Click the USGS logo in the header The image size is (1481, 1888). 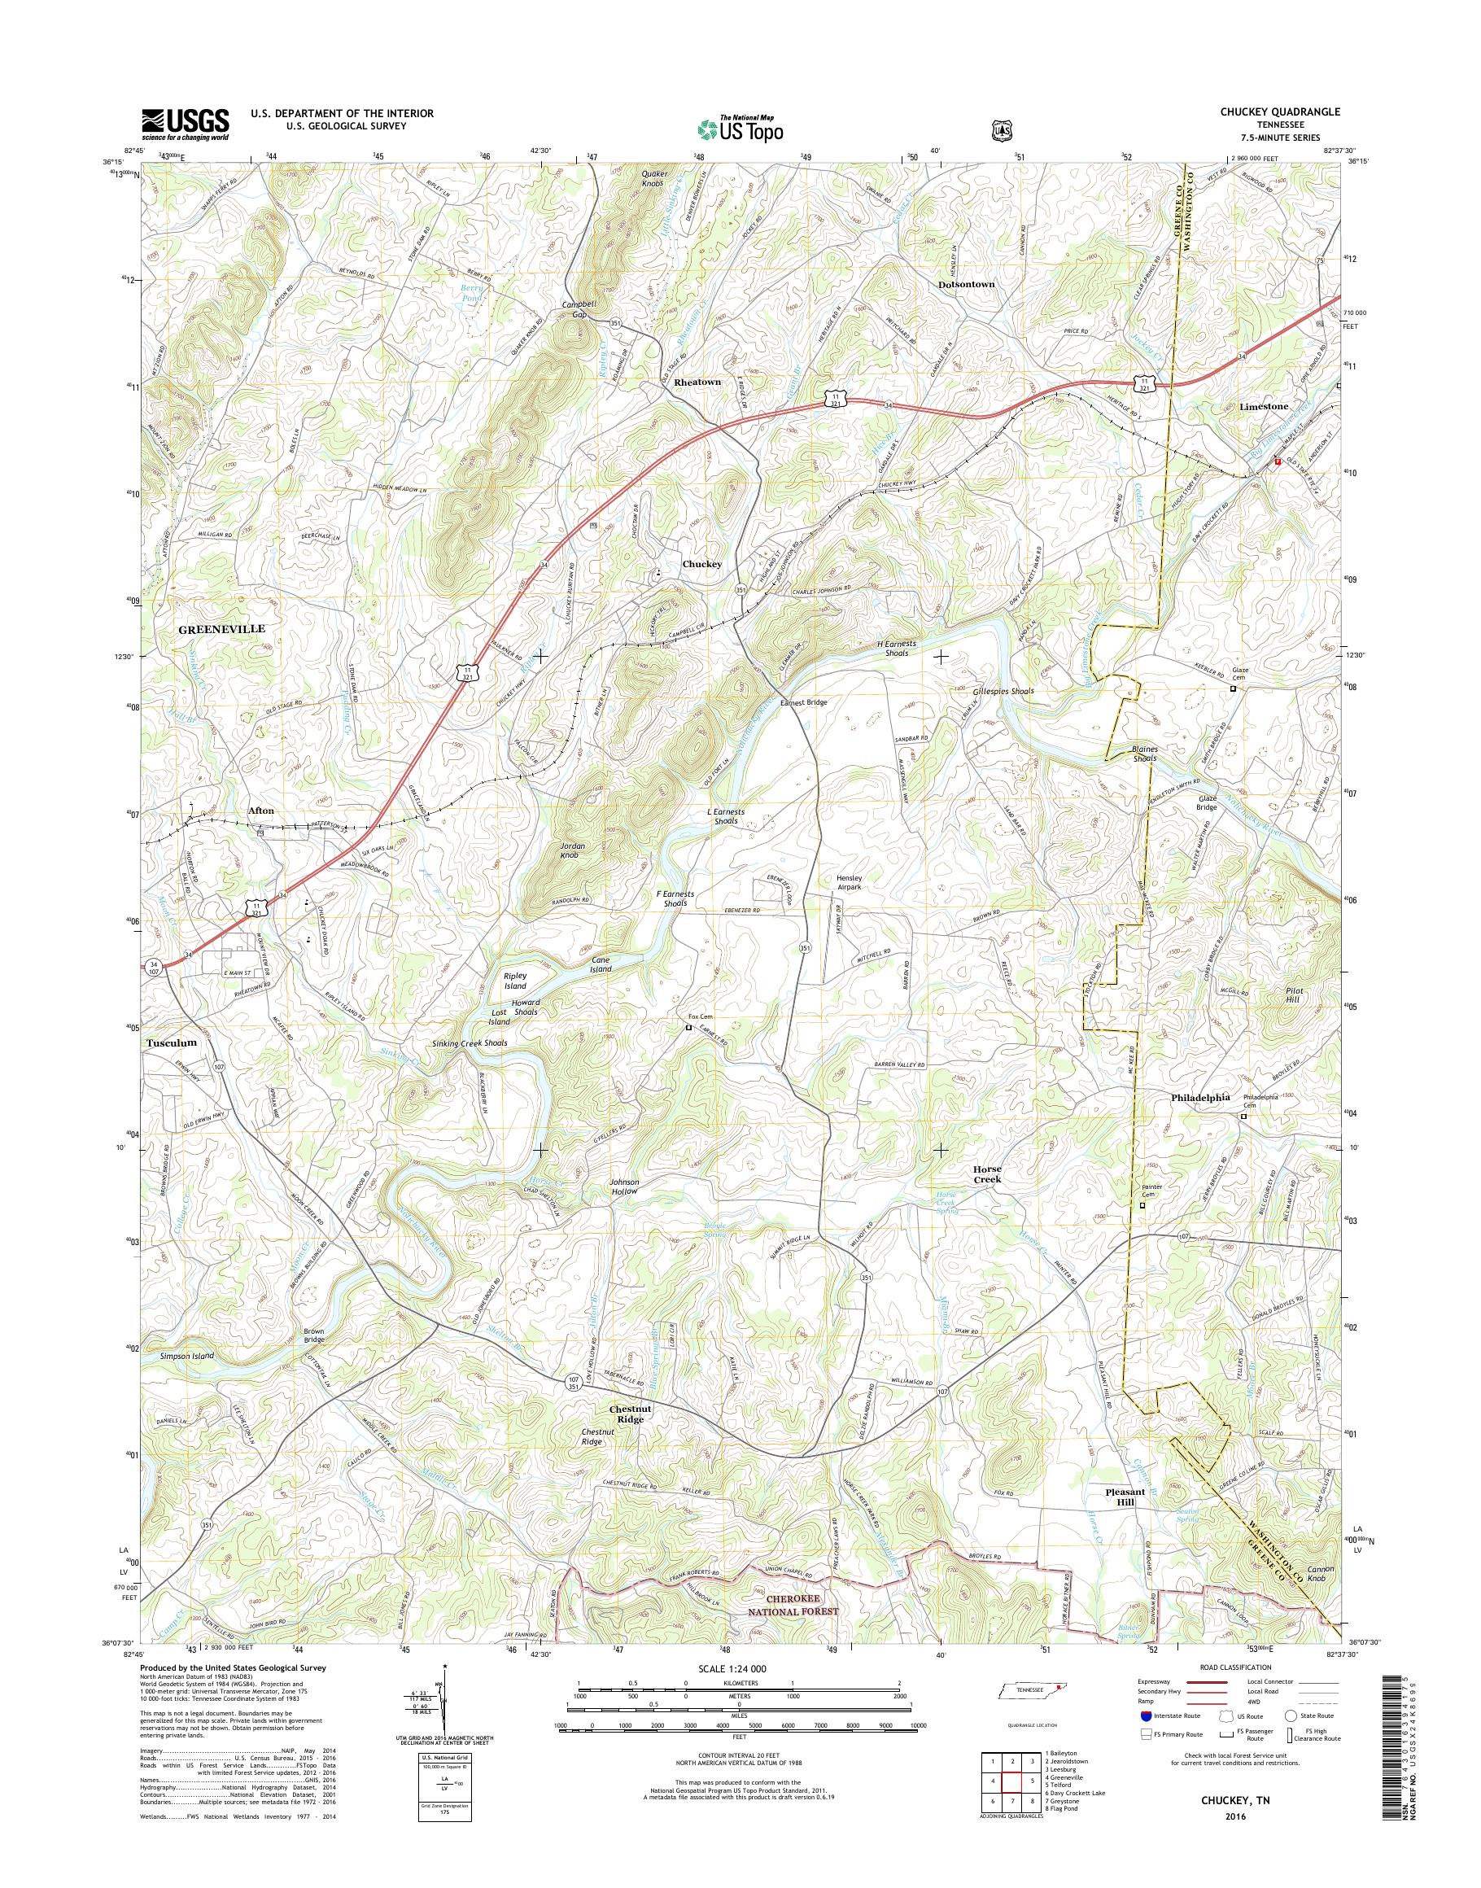185,124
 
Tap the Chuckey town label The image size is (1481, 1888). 701,564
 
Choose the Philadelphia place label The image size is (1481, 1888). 1200,1097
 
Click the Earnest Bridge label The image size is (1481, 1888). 804,702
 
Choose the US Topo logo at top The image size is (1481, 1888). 740,129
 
